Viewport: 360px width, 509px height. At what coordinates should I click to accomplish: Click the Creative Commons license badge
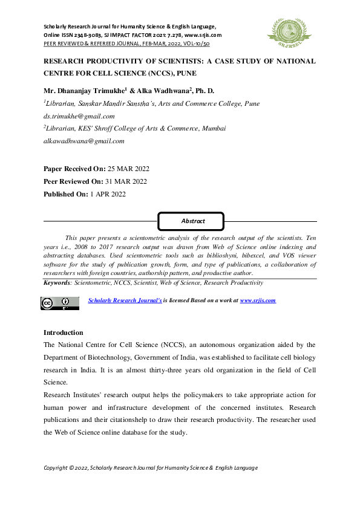pos(60,303)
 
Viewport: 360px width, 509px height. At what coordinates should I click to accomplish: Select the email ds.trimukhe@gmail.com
pos(79,116)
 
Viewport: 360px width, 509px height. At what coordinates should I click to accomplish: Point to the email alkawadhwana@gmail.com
pos(83,141)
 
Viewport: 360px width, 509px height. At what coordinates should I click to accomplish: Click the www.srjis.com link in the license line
pos(258,300)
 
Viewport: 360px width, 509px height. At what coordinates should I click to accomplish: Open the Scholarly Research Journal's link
pos(125,300)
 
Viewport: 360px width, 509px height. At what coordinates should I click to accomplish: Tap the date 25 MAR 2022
pos(128,169)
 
